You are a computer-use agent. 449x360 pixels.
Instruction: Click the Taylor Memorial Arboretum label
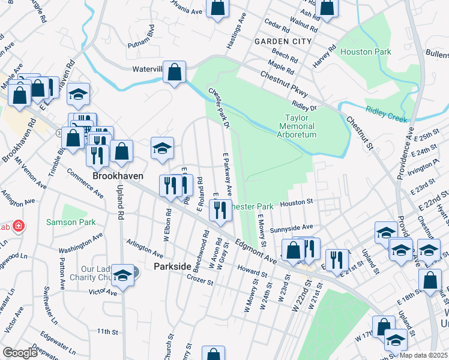coord(297,127)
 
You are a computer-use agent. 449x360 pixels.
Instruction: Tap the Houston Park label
coord(366,52)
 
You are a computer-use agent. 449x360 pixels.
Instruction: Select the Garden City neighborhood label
coord(283,41)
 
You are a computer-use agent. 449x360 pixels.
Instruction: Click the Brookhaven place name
coord(117,176)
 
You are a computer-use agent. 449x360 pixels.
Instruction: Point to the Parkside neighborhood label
coord(172,266)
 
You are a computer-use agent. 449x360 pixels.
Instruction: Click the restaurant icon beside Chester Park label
coord(220,209)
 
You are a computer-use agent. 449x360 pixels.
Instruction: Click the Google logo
coord(20,353)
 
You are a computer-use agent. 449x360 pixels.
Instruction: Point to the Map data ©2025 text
coord(423,355)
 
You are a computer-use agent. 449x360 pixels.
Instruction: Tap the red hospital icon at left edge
coord(19,226)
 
